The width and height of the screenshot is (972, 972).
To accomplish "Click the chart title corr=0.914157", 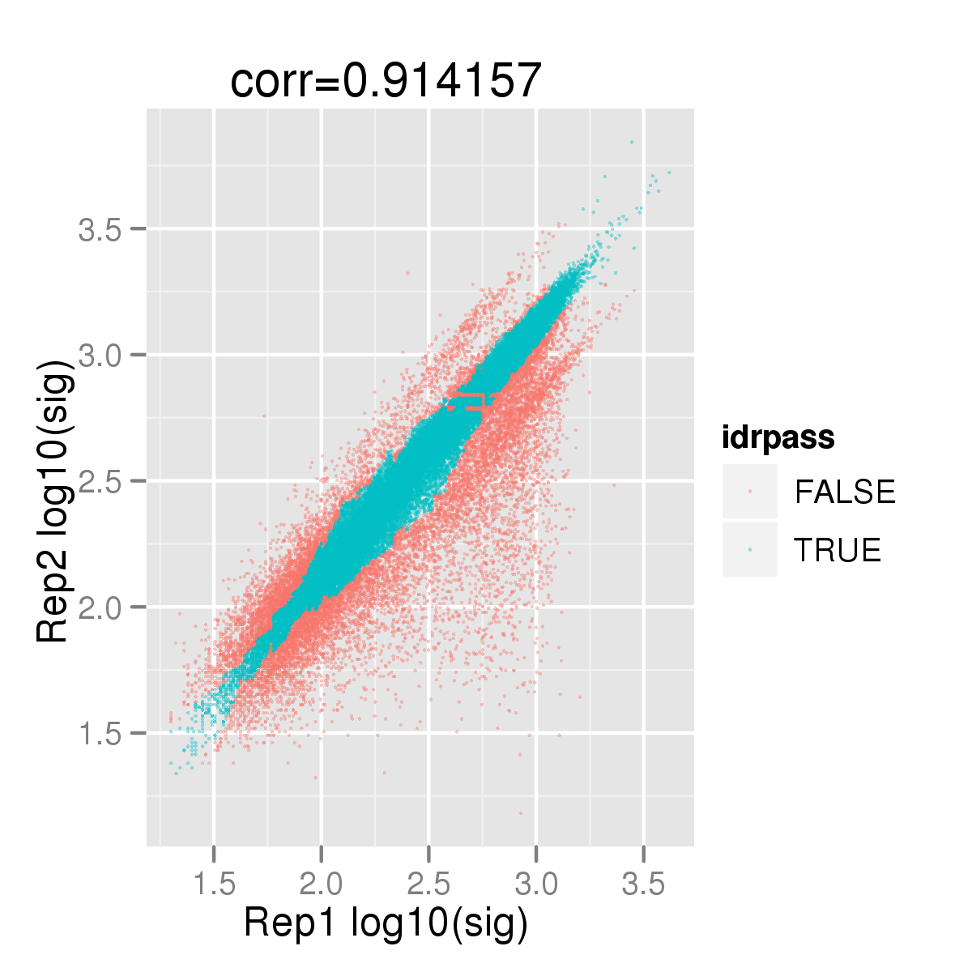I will pos(386,81).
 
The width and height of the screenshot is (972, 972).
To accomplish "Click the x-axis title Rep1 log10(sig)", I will pos(386,923).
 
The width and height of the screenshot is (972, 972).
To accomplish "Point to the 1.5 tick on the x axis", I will pos(214,884).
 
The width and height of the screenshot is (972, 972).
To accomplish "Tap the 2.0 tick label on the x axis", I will pos(321,884).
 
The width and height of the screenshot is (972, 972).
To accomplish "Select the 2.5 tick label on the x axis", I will pos(428,884).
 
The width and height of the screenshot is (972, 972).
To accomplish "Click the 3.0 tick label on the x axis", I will pos(536,884).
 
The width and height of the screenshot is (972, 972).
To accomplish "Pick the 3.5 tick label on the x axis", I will pos(644,884).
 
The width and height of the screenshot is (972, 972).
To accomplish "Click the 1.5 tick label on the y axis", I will pos(100,734).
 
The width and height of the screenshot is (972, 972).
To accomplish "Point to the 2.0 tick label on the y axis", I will pos(100,607).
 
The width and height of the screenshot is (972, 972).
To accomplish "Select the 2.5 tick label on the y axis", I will pos(100,482).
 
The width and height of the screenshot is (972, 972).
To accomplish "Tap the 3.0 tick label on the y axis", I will pos(100,356).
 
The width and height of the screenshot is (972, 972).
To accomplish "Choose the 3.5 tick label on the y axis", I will pos(100,230).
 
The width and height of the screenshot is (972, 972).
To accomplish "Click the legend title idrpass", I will pos(778,438).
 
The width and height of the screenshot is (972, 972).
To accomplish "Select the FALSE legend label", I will pos(845,492).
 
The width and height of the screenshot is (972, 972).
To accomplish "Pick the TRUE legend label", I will pos(838,550).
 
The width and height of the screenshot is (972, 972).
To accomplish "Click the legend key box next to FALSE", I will pos(750,492).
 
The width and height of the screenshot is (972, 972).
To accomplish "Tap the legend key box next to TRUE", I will pos(750,550).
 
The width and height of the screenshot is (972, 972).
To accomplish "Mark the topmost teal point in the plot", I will pos(632,142).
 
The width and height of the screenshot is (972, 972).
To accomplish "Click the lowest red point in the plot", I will pos(521,812).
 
